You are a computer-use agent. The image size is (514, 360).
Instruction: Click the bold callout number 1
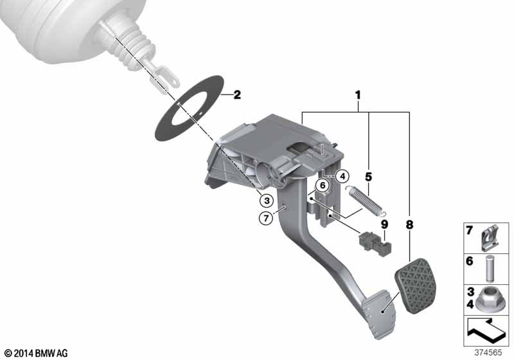pos(358,95)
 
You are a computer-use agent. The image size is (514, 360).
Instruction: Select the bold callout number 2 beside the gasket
pos(236,94)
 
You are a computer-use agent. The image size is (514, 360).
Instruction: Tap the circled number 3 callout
pos(267,201)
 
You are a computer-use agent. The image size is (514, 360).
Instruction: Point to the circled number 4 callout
pos(342,176)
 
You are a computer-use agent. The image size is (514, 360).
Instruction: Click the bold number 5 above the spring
pos(368,177)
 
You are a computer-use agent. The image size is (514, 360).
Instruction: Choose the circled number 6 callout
pos(323,186)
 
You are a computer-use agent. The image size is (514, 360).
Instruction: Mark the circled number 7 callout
pos(266,218)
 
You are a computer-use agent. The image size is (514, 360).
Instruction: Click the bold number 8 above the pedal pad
pos(409,225)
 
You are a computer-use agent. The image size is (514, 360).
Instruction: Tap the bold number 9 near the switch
pos(384,224)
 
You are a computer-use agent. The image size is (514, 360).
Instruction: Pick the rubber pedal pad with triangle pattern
pos(417,285)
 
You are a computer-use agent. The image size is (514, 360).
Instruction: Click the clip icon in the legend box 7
pos(490,238)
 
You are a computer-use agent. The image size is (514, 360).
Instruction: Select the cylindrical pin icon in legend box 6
pos(489,268)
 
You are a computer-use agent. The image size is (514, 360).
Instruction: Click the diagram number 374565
pos(488,352)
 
